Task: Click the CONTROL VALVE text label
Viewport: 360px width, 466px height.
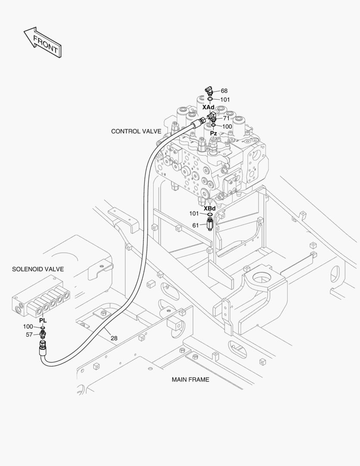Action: [x=136, y=131]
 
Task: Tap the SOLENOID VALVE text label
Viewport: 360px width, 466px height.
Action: [x=38, y=269]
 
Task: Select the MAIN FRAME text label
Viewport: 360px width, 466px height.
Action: [x=190, y=380]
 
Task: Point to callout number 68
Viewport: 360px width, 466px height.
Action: [x=224, y=91]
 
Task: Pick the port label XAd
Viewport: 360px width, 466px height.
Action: [x=208, y=107]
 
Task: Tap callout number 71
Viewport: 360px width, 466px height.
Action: [x=226, y=118]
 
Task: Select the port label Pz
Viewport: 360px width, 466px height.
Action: [x=213, y=133]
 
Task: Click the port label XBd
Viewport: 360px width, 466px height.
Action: [x=210, y=208]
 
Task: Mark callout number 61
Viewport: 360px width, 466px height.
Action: [x=195, y=225]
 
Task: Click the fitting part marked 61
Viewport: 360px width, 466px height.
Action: [x=210, y=224]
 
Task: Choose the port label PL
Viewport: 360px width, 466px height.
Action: [x=43, y=321]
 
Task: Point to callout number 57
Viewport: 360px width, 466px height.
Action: [x=29, y=334]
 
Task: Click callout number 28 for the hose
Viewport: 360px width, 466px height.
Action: [x=114, y=338]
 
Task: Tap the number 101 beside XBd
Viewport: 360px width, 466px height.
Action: [x=194, y=214]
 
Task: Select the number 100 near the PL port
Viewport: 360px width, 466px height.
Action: [x=28, y=327]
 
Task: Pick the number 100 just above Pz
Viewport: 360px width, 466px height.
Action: [x=227, y=126]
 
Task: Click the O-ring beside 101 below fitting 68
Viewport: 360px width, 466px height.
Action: [x=210, y=99]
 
